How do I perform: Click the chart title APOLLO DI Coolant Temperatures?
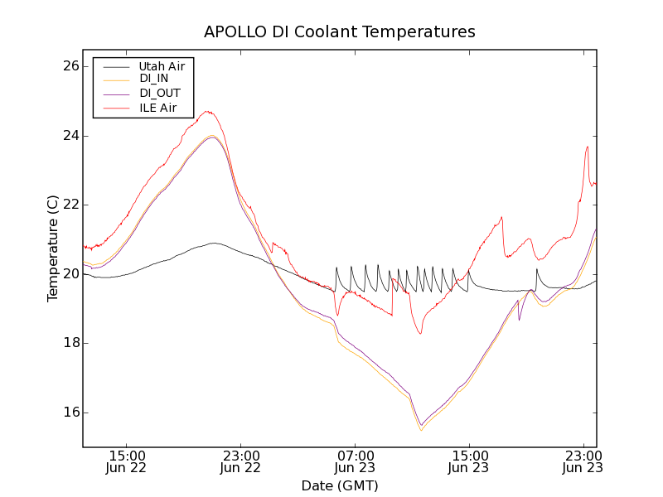(x=340, y=32)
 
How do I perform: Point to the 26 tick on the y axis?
(x=70, y=66)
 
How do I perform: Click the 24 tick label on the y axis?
(x=70, y=136)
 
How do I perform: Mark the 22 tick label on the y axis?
(x=70, y=205)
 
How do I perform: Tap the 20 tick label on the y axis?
(x=70, y=274)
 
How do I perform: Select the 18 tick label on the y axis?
(x=70, y=343)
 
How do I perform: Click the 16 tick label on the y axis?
(x=70, y=413)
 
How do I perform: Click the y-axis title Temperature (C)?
(x=53, y=248)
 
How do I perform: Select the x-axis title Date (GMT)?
(x=340, y=485)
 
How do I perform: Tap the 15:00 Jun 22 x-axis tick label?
(x=128, y=461)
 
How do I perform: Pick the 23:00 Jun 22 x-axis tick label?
(x=241, y=461)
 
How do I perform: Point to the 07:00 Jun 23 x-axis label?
(x=356, y=461)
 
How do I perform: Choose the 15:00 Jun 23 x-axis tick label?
(x=469, y=461)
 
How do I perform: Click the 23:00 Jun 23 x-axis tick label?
(x=583, y=461)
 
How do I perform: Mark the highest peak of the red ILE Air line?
(x=208, y=112)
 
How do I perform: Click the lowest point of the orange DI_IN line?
(x=421, y=430)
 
